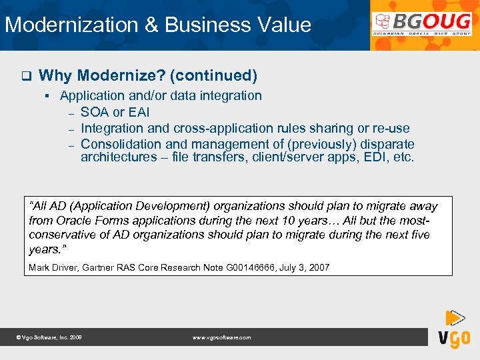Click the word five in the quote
pyautogui.click(x=418, y=235)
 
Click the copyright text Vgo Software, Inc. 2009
pyautogui.click(x=49, y=337)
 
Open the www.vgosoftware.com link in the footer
pyautogui.click(x=221, y=337)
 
